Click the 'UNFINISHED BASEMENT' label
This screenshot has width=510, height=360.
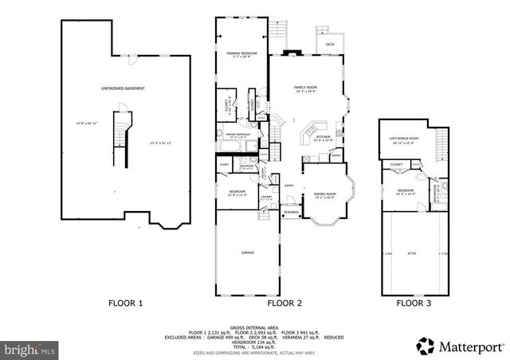point(122,88)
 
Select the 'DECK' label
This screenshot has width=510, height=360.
point(330,45)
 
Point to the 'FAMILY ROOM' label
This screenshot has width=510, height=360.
point(306,86)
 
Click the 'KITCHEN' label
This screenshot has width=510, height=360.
point(323,137)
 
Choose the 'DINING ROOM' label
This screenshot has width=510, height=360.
point(324,193)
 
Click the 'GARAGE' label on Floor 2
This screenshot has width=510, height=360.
point(248,252)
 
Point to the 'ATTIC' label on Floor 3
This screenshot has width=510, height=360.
point(412,254)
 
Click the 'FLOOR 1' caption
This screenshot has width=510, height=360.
point(126,303)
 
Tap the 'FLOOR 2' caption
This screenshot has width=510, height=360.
point(284,303)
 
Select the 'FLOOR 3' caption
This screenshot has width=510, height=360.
point(414,303)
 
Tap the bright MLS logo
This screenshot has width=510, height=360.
point(29,349)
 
